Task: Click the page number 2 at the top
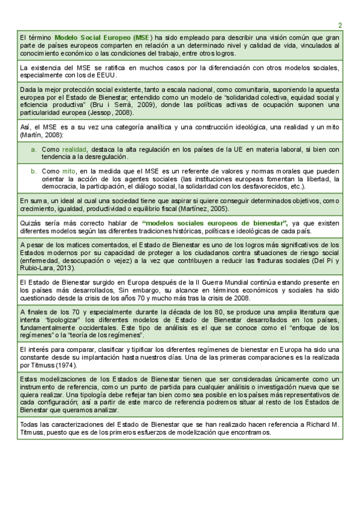coord(340,25)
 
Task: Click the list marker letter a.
coord(34,149)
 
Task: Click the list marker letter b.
coord(34,171)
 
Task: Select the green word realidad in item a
coord(74,149)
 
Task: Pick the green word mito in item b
coord(68,171)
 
